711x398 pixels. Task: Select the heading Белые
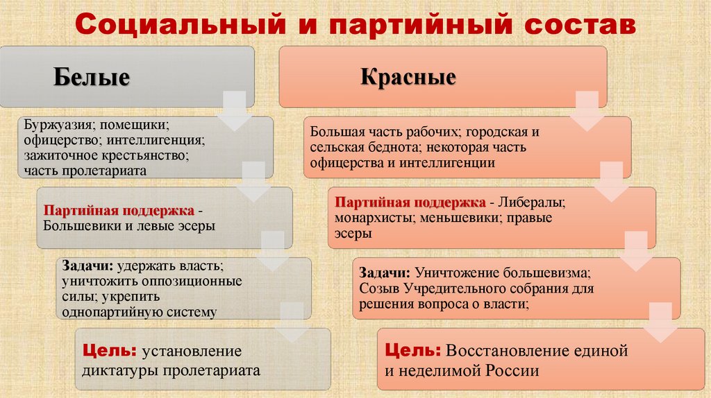tap(92, 77)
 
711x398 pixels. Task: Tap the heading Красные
tap(408, 76)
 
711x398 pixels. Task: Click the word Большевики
tap(81, 225)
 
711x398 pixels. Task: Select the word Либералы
tap(533, 203)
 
